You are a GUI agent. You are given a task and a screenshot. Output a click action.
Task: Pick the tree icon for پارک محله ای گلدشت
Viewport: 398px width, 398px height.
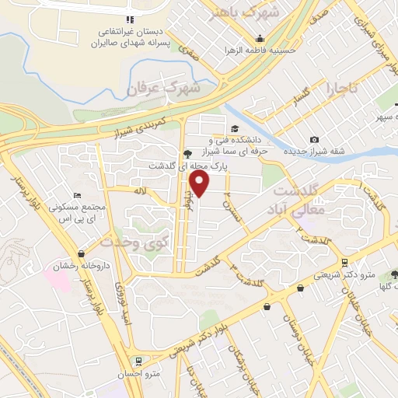tap(187, 153)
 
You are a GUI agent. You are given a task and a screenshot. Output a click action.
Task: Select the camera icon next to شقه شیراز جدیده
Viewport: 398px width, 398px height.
tap(314, 139)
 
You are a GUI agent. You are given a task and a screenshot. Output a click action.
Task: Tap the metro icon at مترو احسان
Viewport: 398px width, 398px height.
tap(138, 361)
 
